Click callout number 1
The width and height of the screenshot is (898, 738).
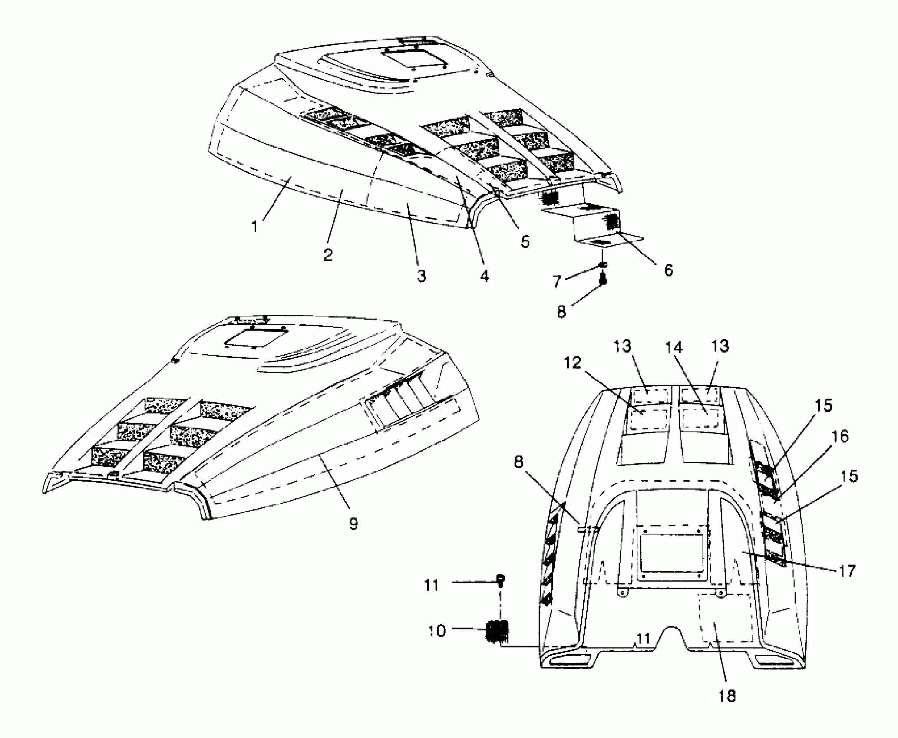(x=255, y=226)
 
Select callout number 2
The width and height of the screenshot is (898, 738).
(x=328, y=254)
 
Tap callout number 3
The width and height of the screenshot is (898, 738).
(x=421, y=276)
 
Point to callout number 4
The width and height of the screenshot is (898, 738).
(x=485, y=275)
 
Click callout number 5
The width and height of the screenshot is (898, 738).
(x=525, y=241)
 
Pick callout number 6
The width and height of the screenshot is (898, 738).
(x=669, y=270)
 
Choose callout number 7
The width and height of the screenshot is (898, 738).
(x=557, y=281)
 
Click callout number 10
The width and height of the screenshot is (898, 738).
(x=436, y=630)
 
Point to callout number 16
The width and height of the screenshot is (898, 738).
(x=841, y=436)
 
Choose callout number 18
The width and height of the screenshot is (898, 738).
(x=727, y=696)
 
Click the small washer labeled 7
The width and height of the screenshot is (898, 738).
(x=603, y=265)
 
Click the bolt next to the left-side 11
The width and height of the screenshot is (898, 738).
(x=501, y=580)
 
